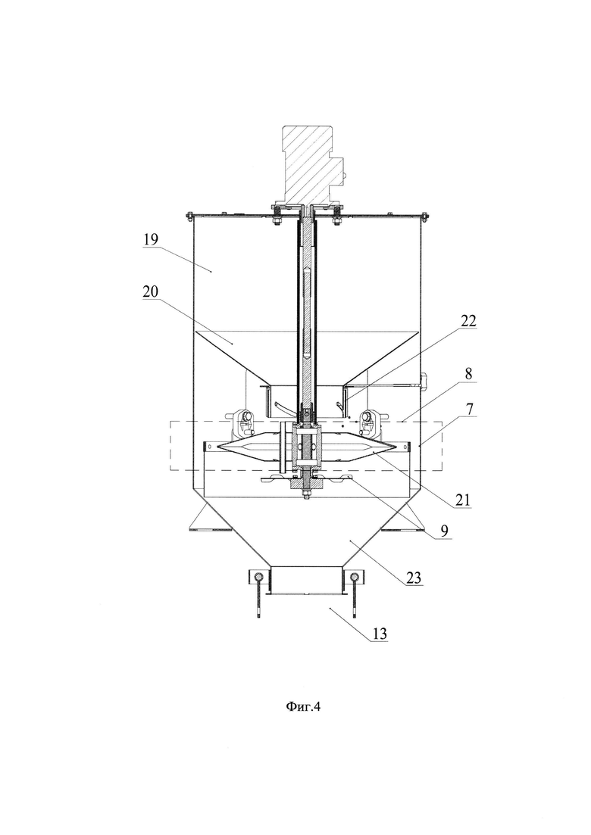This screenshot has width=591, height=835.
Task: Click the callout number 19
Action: click(151, 239)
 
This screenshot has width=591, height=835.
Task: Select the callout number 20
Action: click(151, 291)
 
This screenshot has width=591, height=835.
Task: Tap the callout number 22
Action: click(469, 320)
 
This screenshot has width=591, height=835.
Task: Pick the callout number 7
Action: click(468, 410)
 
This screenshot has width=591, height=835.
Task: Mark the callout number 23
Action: click(414, 578)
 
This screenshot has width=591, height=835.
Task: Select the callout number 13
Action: click(380, 634)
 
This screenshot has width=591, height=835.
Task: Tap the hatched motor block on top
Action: click(308, 164)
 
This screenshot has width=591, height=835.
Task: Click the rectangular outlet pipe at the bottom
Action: click(306, 581)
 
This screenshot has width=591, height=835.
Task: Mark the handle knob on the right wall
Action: click(424, 382)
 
